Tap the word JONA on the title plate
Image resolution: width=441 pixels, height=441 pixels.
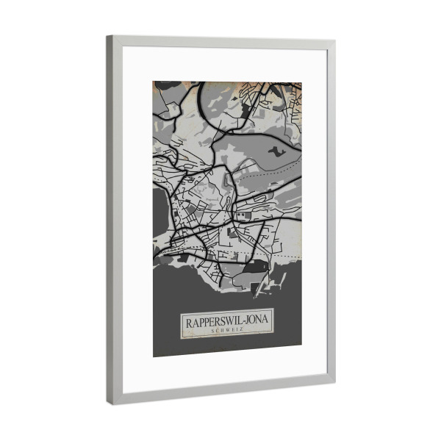255,323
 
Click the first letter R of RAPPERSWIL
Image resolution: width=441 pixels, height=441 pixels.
188,322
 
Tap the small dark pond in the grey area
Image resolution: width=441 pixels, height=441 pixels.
274,151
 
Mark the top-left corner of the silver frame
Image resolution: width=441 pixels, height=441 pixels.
108,37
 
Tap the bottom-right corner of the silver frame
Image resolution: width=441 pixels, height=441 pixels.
334,383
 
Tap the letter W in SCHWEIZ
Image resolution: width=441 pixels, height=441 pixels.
226,332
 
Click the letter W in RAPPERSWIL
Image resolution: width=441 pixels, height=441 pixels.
228,323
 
